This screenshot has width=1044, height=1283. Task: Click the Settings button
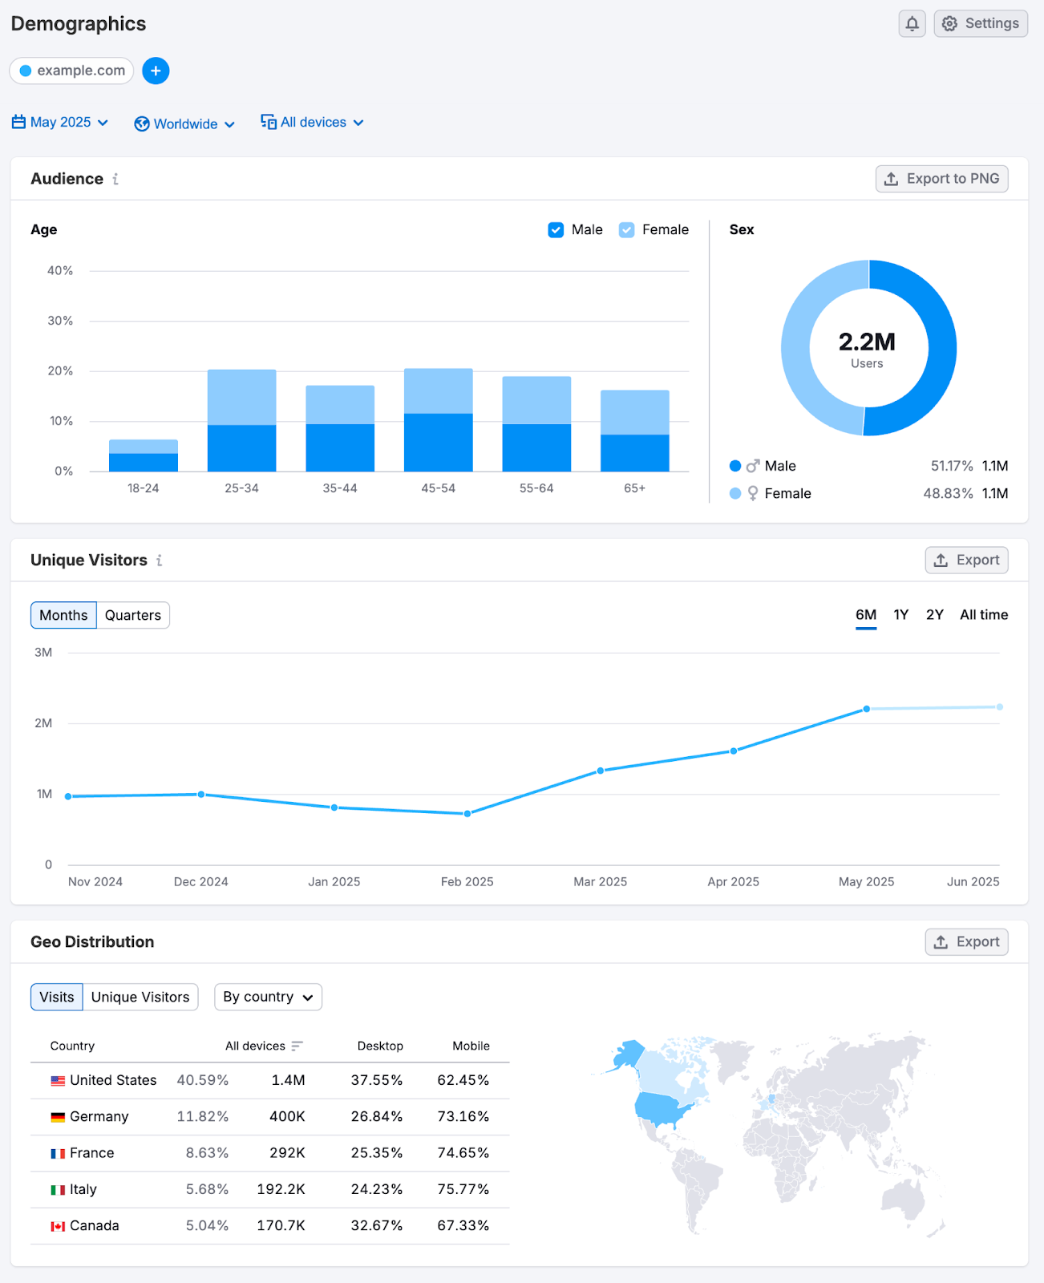[x=981, y=23]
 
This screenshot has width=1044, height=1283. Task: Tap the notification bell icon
[x=912, y=23]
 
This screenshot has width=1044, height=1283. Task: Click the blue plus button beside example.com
[x=156, y=71]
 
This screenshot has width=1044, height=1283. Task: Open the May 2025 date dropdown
[x=61, y=123]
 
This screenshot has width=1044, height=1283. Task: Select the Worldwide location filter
[x=185, y=124]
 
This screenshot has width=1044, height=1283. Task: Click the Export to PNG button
[x=941, y=179]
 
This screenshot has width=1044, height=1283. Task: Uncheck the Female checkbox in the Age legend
[x=627, y=230]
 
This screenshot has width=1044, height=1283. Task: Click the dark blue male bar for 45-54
[x=438, y=442]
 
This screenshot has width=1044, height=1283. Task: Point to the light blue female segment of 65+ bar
[x=634, y=412]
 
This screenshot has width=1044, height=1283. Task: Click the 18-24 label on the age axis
[x=143, y=488]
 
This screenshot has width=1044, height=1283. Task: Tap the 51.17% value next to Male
[x=951, y=466]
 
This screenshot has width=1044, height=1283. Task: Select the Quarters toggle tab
[x=133, y=615]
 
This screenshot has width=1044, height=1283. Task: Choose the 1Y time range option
[x=900, y=615]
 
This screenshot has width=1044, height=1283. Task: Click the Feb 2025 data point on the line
[x=467, y=814]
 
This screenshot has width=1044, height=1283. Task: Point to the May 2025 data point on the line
[x=867, y=709]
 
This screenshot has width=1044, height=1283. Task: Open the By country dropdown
[x=268, y=997]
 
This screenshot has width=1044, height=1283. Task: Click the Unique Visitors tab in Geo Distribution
[x=140, y=997]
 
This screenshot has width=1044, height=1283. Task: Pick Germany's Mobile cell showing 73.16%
[x=463, y=1116]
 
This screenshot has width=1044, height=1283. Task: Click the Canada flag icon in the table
[x=58, y=1226]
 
